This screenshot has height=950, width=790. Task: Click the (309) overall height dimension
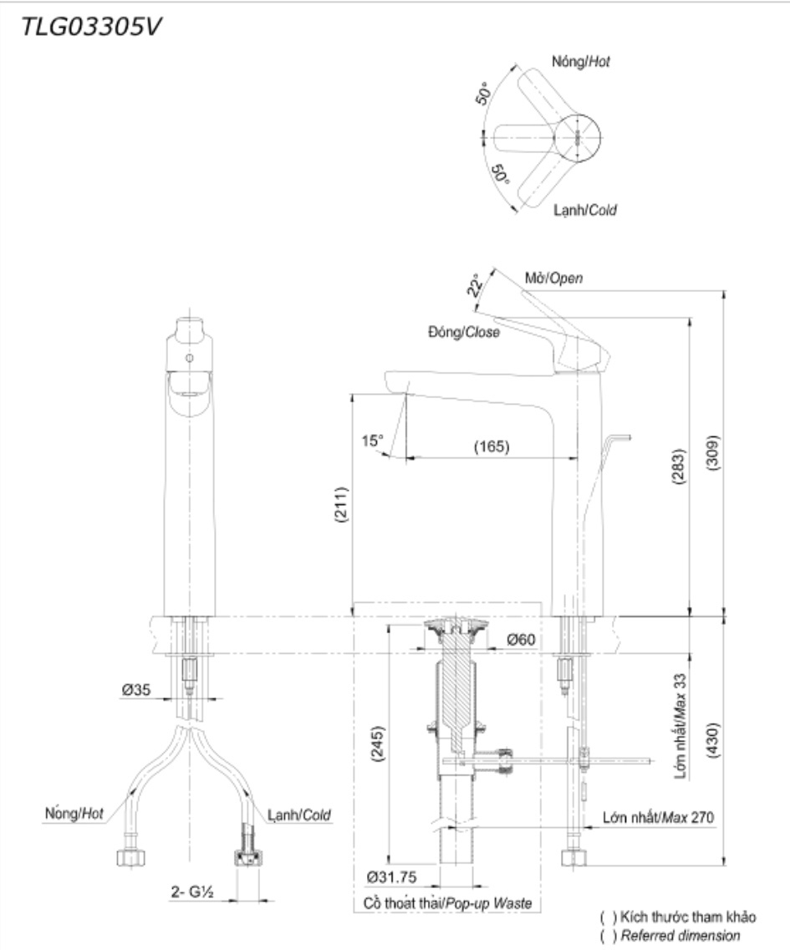coord(712,456)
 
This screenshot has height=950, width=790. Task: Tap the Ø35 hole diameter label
coord(136,691)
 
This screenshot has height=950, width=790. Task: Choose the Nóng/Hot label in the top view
coord(581,62)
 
